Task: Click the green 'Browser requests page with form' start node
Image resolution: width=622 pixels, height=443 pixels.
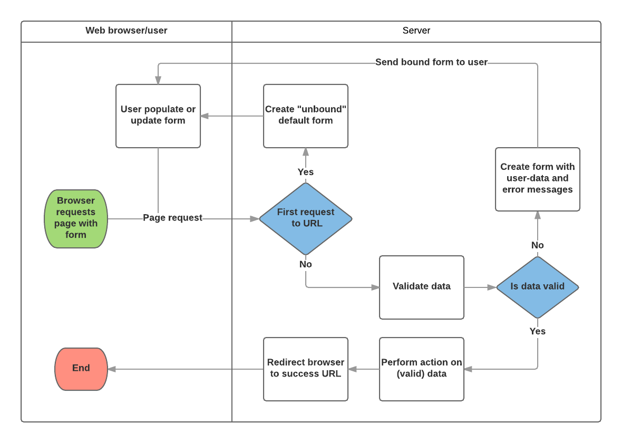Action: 76,218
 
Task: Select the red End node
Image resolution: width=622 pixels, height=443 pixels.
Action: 81,369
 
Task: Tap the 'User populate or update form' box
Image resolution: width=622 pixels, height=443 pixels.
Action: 158,115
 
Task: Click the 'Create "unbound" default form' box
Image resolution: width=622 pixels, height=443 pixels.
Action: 306,115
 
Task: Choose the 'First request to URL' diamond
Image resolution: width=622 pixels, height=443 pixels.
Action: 306,218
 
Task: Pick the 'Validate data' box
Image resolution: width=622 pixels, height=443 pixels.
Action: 422,287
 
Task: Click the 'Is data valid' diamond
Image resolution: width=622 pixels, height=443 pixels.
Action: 537,287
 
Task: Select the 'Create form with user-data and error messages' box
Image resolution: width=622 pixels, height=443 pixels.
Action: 537,179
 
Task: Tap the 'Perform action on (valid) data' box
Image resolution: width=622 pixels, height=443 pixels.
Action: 422,369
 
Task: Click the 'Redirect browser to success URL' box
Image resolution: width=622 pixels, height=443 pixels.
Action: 306,369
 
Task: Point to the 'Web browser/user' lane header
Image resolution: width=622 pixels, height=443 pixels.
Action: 127,31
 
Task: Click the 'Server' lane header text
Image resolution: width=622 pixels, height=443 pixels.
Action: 416,31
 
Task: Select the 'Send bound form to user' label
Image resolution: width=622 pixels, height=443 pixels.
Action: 431,62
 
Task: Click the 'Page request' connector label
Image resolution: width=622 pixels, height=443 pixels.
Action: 172,218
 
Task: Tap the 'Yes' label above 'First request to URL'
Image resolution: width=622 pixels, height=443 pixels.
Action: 306,172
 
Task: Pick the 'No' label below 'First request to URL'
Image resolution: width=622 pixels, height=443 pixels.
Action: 306,264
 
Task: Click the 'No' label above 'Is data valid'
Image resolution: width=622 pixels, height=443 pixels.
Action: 537,245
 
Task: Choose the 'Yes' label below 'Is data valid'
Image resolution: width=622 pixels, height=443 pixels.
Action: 537,331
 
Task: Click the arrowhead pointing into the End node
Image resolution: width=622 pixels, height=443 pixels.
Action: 112,369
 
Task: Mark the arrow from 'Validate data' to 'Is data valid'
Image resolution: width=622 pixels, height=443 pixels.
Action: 480,287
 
